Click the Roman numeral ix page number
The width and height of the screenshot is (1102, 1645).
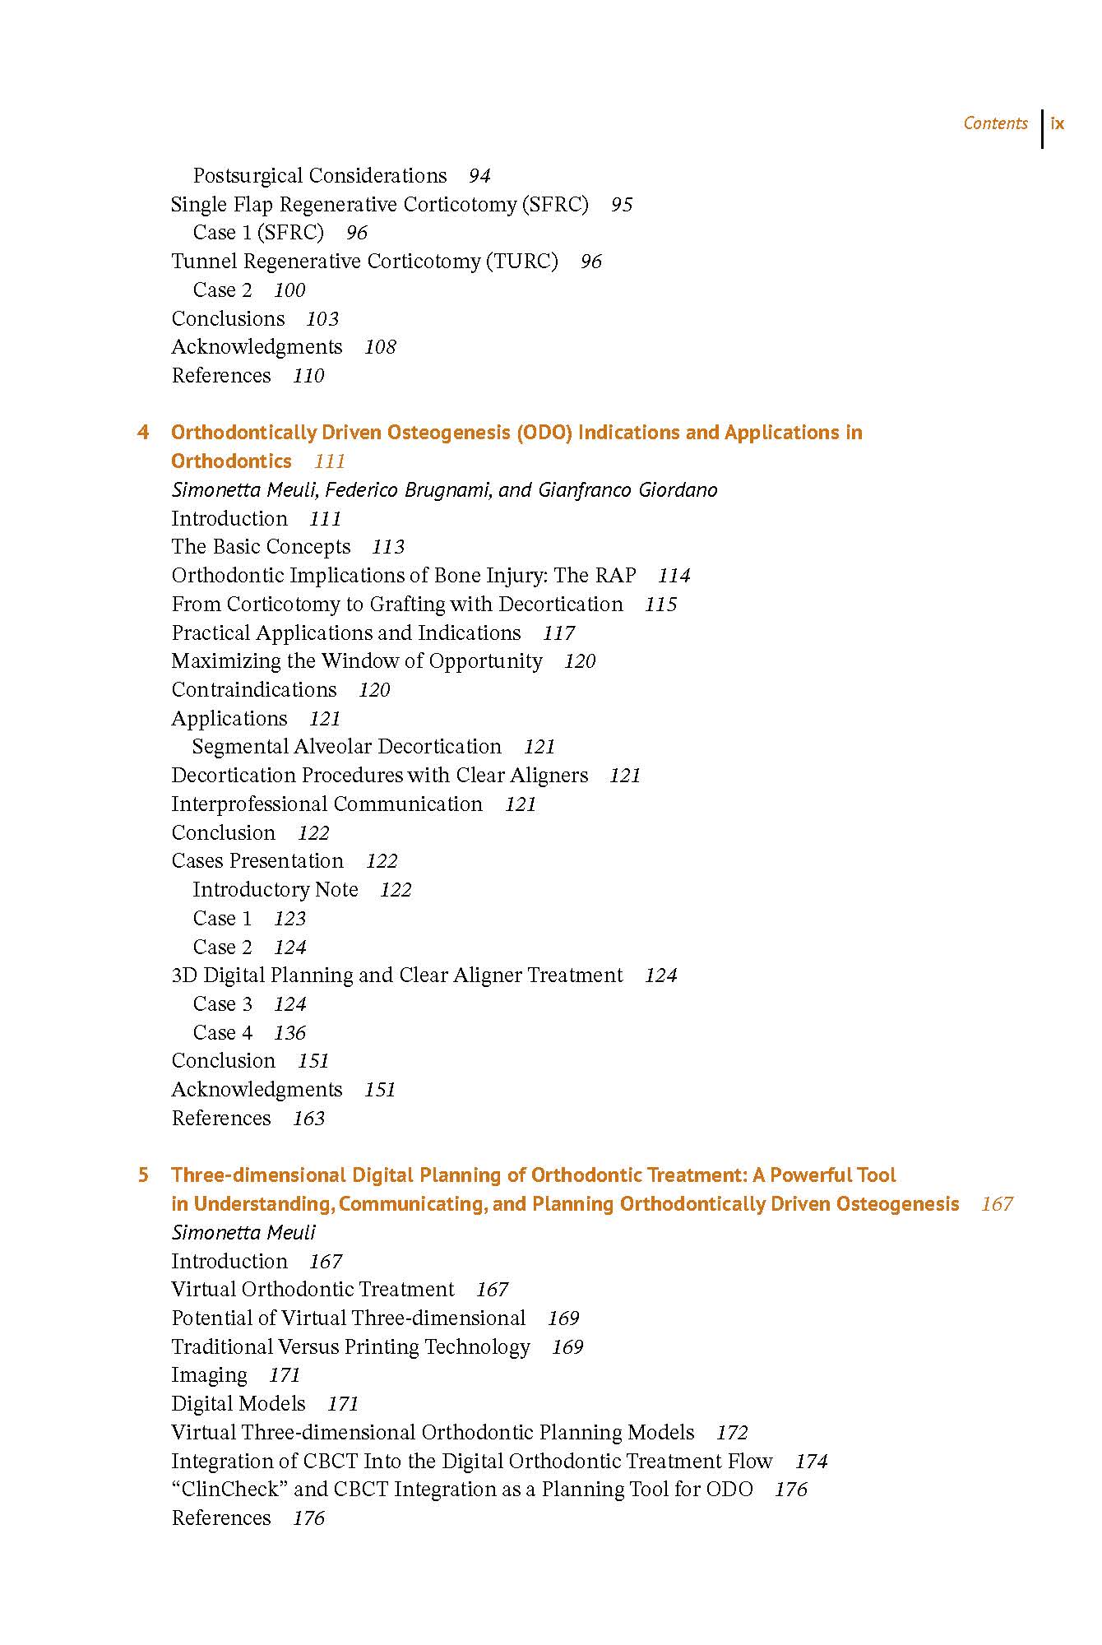tap(1058, 123)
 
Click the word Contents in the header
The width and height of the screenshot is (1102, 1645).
tap(995, 123)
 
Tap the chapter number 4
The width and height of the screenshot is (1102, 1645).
tap(143, 433)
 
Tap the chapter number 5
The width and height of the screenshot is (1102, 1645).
tap(143, 1175)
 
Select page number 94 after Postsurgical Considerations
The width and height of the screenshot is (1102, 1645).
tap(479, 176)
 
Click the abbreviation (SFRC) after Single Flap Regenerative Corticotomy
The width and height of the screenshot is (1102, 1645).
tap(555, 204)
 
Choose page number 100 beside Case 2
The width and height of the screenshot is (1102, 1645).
tap(289, 290)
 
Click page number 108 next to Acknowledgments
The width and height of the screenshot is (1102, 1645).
tap(380, 347)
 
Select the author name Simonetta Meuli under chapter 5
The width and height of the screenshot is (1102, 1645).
tap(243, 1232)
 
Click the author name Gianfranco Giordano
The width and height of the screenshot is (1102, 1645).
tap(627, 490)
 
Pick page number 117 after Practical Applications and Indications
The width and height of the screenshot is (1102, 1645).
tap(558, 633)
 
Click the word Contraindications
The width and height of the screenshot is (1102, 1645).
tap(254, 690)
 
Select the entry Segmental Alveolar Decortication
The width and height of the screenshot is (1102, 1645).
tap(346, 747)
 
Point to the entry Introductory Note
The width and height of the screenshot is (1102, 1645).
tap(275, 890)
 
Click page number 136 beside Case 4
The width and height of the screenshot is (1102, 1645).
tap(289, 1033)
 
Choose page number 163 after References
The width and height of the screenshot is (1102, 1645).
tap(308, 1119)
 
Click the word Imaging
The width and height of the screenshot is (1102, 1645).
tap(209, 1375)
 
